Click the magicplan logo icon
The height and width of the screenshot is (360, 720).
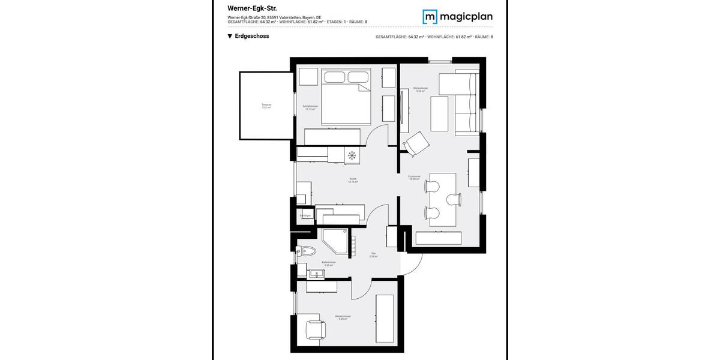430,16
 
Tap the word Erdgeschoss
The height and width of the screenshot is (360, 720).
252,36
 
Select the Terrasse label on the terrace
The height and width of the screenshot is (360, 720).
266,106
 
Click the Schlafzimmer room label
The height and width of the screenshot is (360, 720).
310,107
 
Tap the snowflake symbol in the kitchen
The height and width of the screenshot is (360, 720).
352,155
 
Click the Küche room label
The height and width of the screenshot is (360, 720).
353,180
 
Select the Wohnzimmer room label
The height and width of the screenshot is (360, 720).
420,89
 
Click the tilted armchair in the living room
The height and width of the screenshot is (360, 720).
416,143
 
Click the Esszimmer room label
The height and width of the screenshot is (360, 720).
415,178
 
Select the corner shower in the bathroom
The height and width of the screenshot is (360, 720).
335,241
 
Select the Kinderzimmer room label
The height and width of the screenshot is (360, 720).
343,317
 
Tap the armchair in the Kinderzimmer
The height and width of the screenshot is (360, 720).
314,329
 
